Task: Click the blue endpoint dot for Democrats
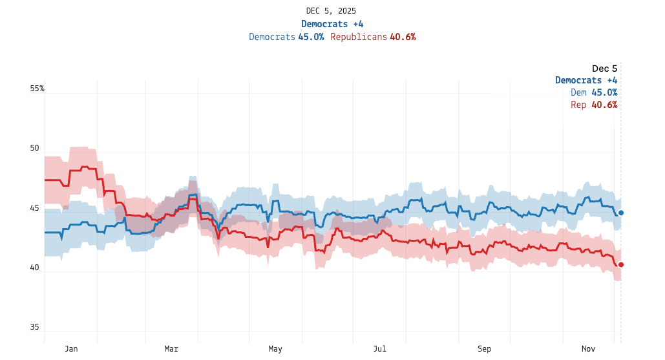point(620,213)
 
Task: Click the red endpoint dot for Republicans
point(620,264)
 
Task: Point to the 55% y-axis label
point(37,89)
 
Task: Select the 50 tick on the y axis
point(35,148)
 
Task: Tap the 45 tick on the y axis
point(35,208)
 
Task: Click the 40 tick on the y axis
point(35,268)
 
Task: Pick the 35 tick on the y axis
point(35,327)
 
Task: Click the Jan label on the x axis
point(71,349)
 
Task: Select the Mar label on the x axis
point(171,349)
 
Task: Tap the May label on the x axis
point(275,349)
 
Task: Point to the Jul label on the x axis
point(379,349)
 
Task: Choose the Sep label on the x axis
point(484,349)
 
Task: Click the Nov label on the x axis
point(588,349)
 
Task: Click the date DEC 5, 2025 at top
point(331,11)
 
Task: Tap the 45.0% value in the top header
point(311,37)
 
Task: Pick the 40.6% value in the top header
point(403,37)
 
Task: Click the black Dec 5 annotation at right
point(604,69)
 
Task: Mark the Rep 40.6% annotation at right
point(594,105)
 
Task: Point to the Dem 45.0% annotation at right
point(594,92)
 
